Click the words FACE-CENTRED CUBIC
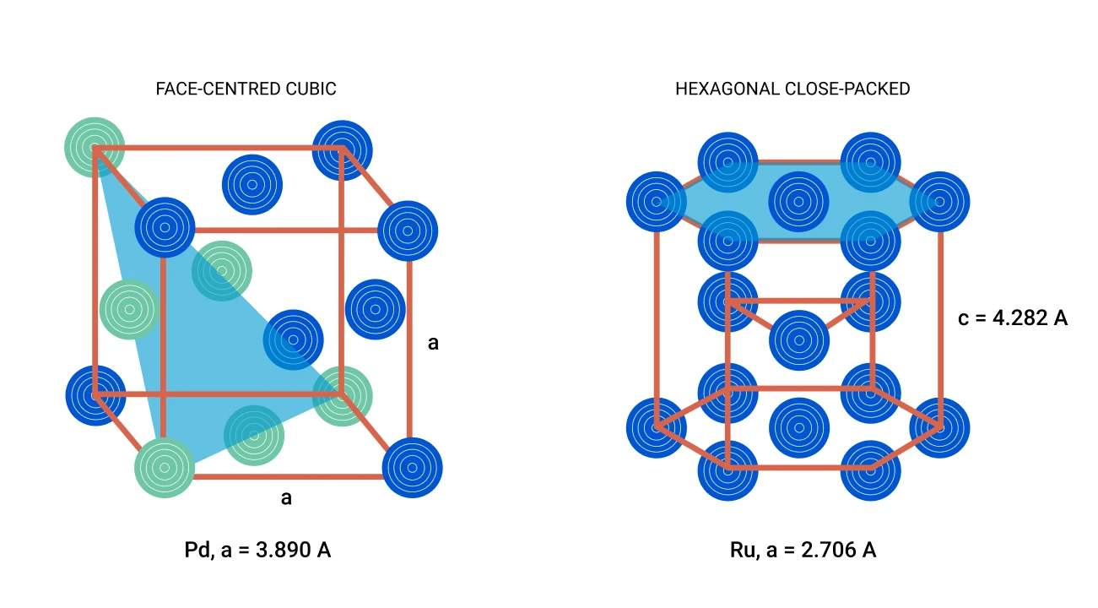click(x=246, y=89)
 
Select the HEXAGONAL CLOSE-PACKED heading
click(x=792, y=89)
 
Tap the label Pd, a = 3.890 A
click(x=257, y=551)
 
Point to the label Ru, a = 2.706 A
click(x=803, y=551)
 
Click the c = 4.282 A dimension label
click(x=1013, y=318)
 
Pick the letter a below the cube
click(x=286, y=498)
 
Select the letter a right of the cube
click(x=433, y=343)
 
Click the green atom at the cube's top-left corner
click(x=95, y=148)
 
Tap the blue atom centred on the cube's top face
click(x=252, y=185)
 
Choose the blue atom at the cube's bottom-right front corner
click(x=412, y=468)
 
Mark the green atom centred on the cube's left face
click(x=129, y=309)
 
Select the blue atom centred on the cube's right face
click(x=376, y=309)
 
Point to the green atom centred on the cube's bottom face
click(x=254, y=435)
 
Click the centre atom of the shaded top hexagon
click(x=798, y=202)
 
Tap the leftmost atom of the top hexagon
click(x=656, y=202)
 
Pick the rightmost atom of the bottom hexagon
click(x=939, y=427)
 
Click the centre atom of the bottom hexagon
click(x=798, y=427)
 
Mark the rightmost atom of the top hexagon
click(x=939, y=202)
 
